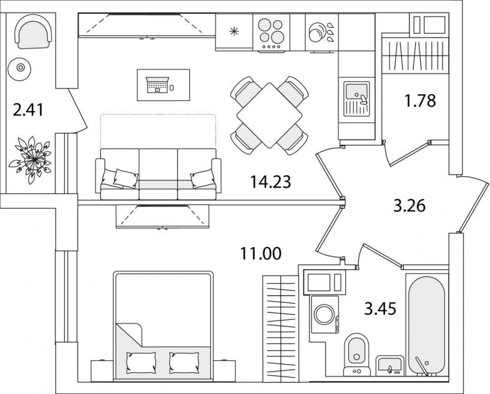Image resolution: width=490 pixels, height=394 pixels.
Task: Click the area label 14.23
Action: [271, 182]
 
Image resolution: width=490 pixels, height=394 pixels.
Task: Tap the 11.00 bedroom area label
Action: [261, 254]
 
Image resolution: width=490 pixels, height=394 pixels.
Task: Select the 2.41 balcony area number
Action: [28, 110]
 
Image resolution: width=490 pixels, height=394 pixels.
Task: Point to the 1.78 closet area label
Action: [420, 101]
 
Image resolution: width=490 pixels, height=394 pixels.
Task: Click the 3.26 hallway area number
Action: [409, 206]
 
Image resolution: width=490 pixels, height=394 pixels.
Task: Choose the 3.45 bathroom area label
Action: [380, 309]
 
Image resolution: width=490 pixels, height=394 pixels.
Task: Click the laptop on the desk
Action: [157, 85]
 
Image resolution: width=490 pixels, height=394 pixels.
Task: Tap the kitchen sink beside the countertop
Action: [356, 99]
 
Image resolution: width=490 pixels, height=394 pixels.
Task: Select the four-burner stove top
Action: [272, 34]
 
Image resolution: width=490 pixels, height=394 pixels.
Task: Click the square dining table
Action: [270, 115]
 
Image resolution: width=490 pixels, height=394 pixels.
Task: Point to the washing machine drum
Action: [325, 314]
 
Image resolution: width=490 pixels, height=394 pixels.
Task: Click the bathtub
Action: [426, 325]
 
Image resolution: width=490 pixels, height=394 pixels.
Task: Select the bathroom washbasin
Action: [390, 365]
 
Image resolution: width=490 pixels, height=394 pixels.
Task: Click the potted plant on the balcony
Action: [31, 159]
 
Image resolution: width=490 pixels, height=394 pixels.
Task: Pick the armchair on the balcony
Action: [33, 32]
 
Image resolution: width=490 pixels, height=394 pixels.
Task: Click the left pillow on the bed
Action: [141, 362]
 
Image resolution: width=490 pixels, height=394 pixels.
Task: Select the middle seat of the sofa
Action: [158, 174]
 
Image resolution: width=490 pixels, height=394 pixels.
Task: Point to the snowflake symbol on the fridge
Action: [234, 31]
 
